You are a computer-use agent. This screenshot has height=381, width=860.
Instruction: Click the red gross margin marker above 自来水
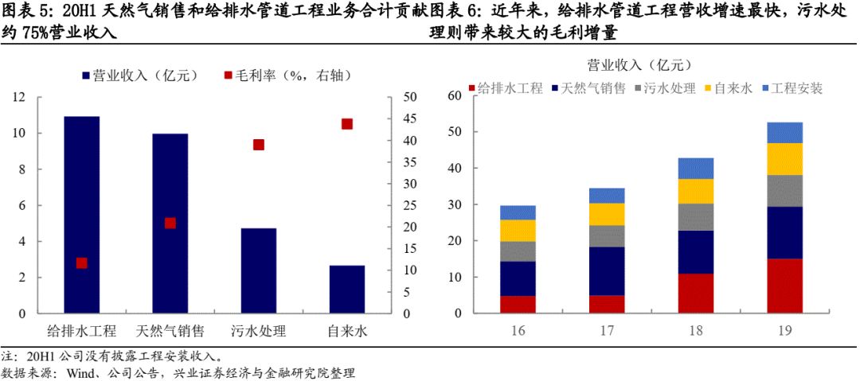click(346, 123)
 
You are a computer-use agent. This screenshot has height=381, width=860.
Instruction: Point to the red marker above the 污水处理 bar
click(258, 145)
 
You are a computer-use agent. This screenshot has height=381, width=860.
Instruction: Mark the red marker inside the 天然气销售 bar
click(170, 223)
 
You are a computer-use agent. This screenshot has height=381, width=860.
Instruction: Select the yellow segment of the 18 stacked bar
click(696, 191)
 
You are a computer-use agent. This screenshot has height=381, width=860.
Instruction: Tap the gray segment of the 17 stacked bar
click(607, 236)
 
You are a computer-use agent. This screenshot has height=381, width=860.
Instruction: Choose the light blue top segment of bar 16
click(518, 212)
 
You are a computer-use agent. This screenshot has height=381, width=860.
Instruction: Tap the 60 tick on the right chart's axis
click(455, 95)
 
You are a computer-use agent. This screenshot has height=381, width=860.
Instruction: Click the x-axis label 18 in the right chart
click(696, 329)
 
